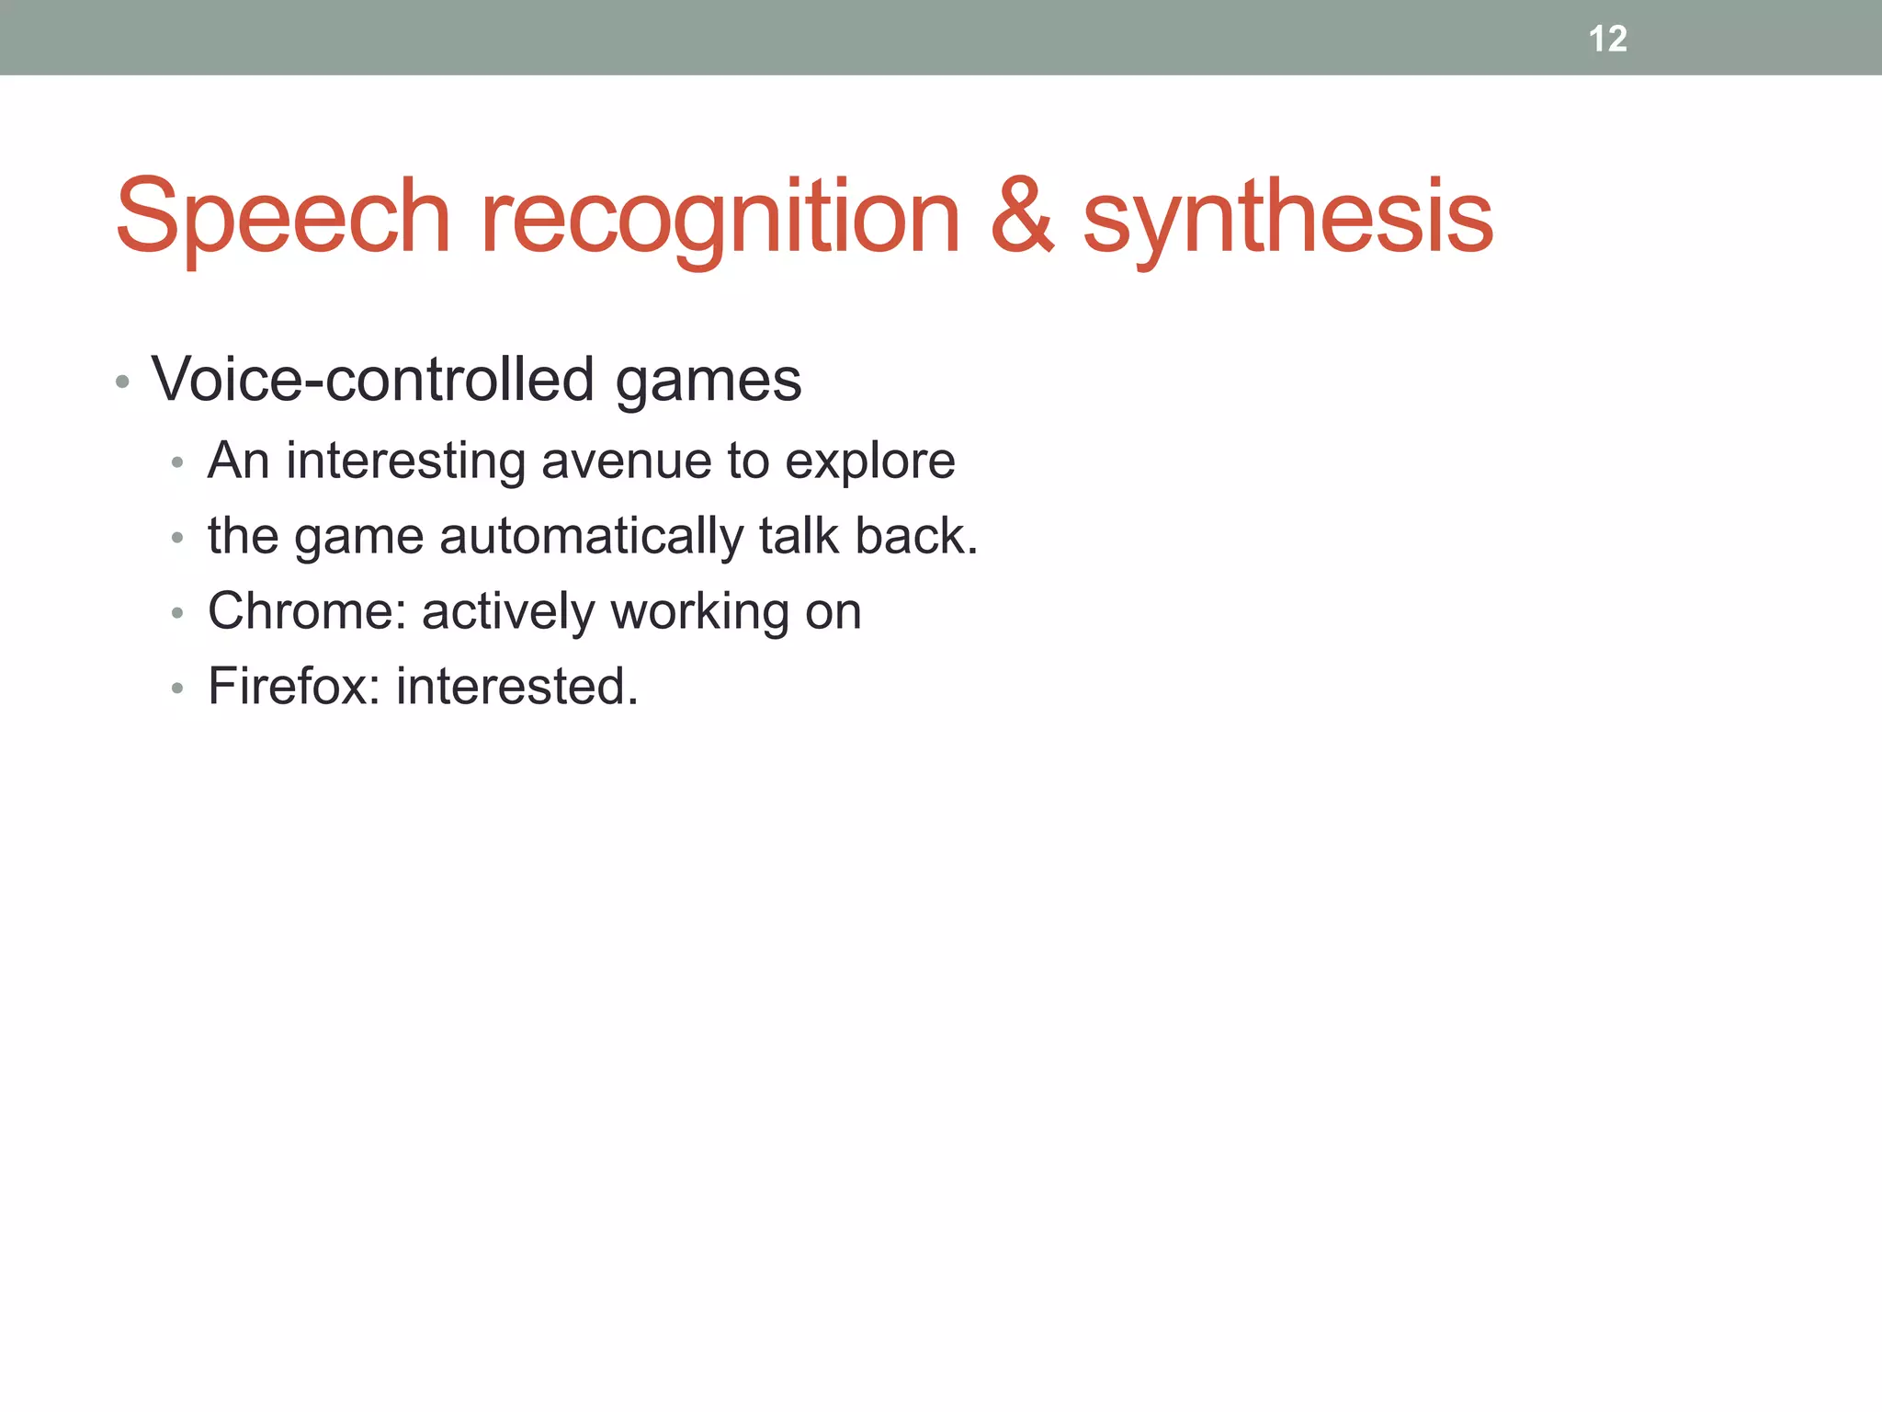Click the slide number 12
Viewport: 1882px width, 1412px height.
click(1607, 39)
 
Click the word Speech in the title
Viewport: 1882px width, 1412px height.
click(282, 217)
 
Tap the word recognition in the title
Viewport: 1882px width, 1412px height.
click(720, 217)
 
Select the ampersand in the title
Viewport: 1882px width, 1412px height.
click(1022, 217)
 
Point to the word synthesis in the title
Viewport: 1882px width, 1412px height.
click(1287, 217)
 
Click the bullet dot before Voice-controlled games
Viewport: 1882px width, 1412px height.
click(122, 381)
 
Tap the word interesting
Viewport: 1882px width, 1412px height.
click(405, 461)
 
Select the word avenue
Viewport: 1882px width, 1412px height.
click(626, 462)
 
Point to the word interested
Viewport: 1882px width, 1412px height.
click(516, 686)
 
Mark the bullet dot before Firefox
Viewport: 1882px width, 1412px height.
click(177, 688)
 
